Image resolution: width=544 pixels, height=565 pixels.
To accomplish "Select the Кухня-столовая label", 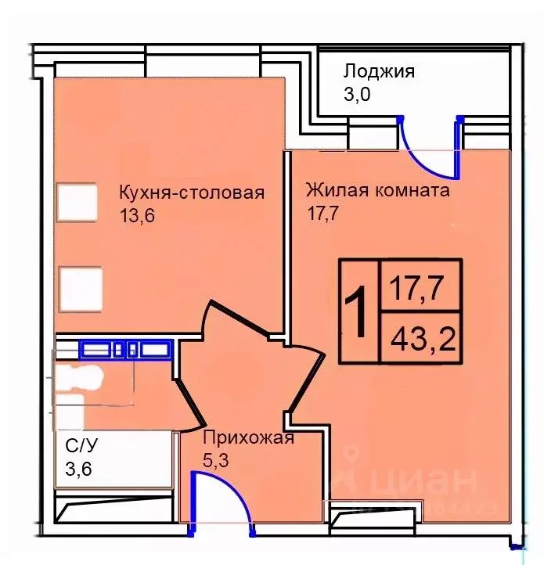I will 192,193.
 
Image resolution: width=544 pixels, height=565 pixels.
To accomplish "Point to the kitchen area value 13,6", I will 139,216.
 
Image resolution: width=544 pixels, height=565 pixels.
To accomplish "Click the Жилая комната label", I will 377,190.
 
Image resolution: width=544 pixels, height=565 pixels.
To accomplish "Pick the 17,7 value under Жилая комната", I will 322,213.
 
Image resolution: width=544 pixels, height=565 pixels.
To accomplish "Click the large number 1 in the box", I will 356,312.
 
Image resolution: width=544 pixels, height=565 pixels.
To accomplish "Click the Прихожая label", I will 248,437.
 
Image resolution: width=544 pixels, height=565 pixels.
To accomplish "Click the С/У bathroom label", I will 81,446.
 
